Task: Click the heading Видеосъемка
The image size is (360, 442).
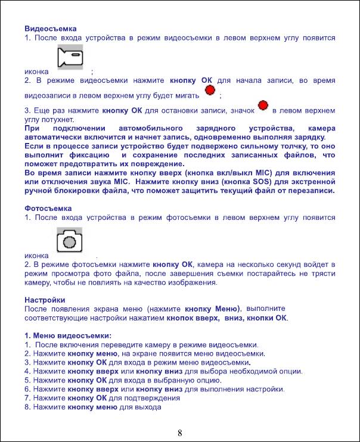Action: pos(51,28)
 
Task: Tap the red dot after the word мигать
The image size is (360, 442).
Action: pos(210,91)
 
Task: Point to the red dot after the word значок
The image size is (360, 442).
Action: pos(262,106)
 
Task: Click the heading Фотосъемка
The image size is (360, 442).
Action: pos(48,208)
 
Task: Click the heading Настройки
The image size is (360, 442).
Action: pos(45,300)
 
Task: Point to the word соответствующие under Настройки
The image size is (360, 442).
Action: pos(58,318)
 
